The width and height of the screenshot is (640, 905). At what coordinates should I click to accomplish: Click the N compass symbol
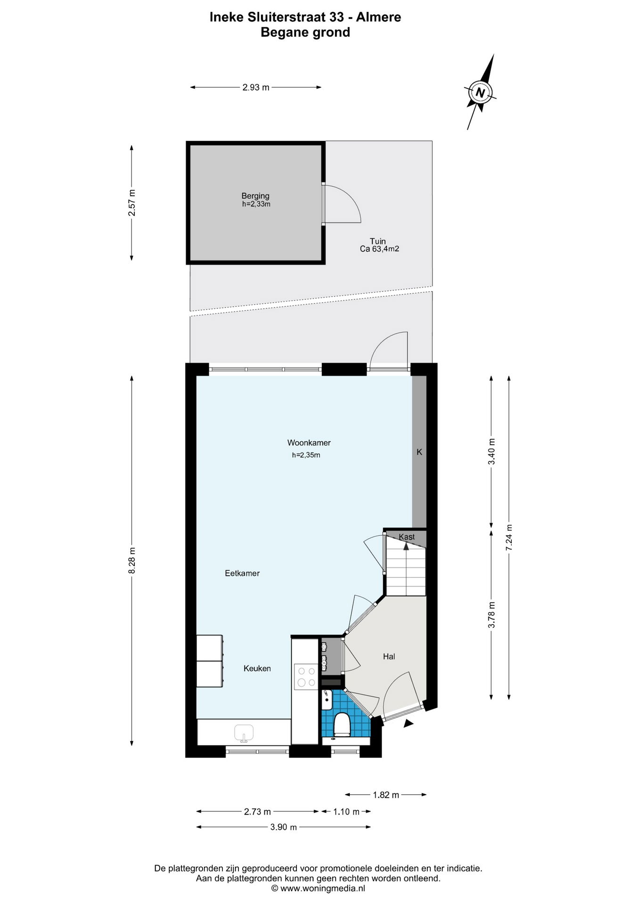pos(480,92)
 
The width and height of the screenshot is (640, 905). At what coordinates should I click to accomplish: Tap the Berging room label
pos(255,196)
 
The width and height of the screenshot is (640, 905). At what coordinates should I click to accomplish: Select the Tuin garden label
pos(377,241)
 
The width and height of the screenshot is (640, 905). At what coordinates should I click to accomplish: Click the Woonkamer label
pos(309,443)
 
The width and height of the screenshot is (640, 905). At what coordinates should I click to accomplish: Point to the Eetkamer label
pos(242,573)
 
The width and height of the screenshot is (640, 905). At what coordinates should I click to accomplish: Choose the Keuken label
pos(257,668)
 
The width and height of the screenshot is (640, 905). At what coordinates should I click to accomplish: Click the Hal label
pos(389,657)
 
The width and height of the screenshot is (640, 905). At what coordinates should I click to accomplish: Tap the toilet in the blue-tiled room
pos(342,724)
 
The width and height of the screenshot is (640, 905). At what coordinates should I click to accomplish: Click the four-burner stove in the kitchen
pos(306,677)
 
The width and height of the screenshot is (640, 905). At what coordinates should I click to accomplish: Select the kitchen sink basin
pos(244,733)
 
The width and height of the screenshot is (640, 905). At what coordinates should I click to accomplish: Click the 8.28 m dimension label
pos(132,560)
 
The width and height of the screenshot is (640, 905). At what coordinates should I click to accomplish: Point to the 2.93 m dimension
pos(256,87)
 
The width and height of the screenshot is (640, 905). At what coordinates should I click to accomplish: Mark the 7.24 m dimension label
pos(509,538)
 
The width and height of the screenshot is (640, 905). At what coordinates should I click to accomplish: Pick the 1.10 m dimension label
pos(346,812)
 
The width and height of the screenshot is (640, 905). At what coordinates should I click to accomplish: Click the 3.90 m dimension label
pos(284,827)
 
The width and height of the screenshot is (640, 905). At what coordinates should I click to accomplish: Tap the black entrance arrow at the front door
pos(409,724)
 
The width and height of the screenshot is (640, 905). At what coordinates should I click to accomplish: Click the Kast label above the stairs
pos(407,537)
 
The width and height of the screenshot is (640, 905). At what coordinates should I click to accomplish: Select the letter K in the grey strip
pos(419,452)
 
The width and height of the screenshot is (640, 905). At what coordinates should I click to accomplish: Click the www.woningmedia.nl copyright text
pos(318,889)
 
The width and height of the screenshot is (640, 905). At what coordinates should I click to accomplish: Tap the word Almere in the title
pos(378,17)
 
